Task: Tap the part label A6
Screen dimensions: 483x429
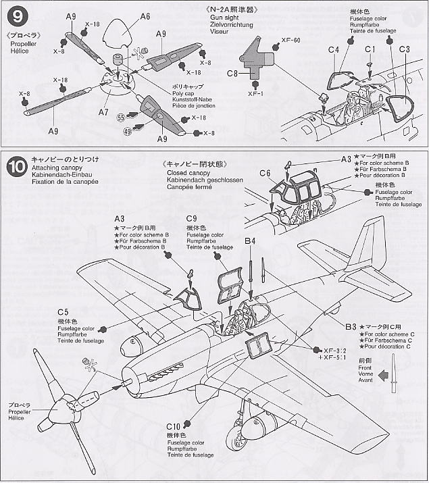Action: pyautogui.click(x=145, y=16)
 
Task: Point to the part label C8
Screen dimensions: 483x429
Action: pyautogui.click(x=232, y=72)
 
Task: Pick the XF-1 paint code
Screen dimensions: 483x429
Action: pyautogui.click(x=255, y=94)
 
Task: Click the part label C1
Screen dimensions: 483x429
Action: pyautogui.click(x=370, y=49)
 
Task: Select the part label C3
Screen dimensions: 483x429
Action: pyautogui.click(x=404, y=49)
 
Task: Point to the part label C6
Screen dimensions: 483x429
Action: pyautogui.click(x=265, y=174)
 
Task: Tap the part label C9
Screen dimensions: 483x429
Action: pyautogui.click(x=192, y=218)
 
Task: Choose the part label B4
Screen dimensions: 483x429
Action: pyautogui.click(x=250, y=240)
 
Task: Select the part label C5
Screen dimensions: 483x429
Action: pyautogui.click(x=62, y=312)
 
